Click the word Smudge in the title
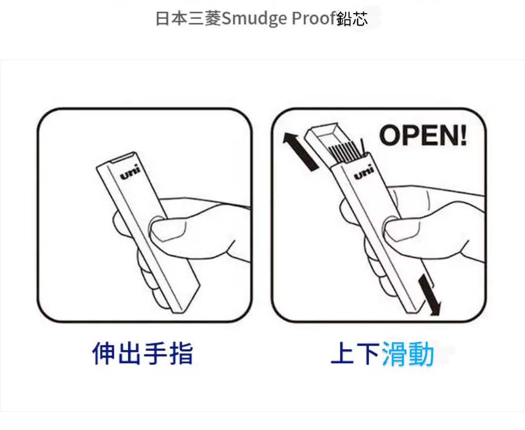[254, 19]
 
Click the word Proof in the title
[314, 18]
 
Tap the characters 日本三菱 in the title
[189, 18]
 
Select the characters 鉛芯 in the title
[352, 18]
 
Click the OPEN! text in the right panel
[423, 135]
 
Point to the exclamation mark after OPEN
[463, 135]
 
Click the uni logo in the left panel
[130, 172]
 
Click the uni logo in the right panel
[364, 172]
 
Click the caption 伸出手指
[142, 353]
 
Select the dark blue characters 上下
[355, 353]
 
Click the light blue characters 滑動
[408, 353]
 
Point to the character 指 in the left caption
[181, 353]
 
